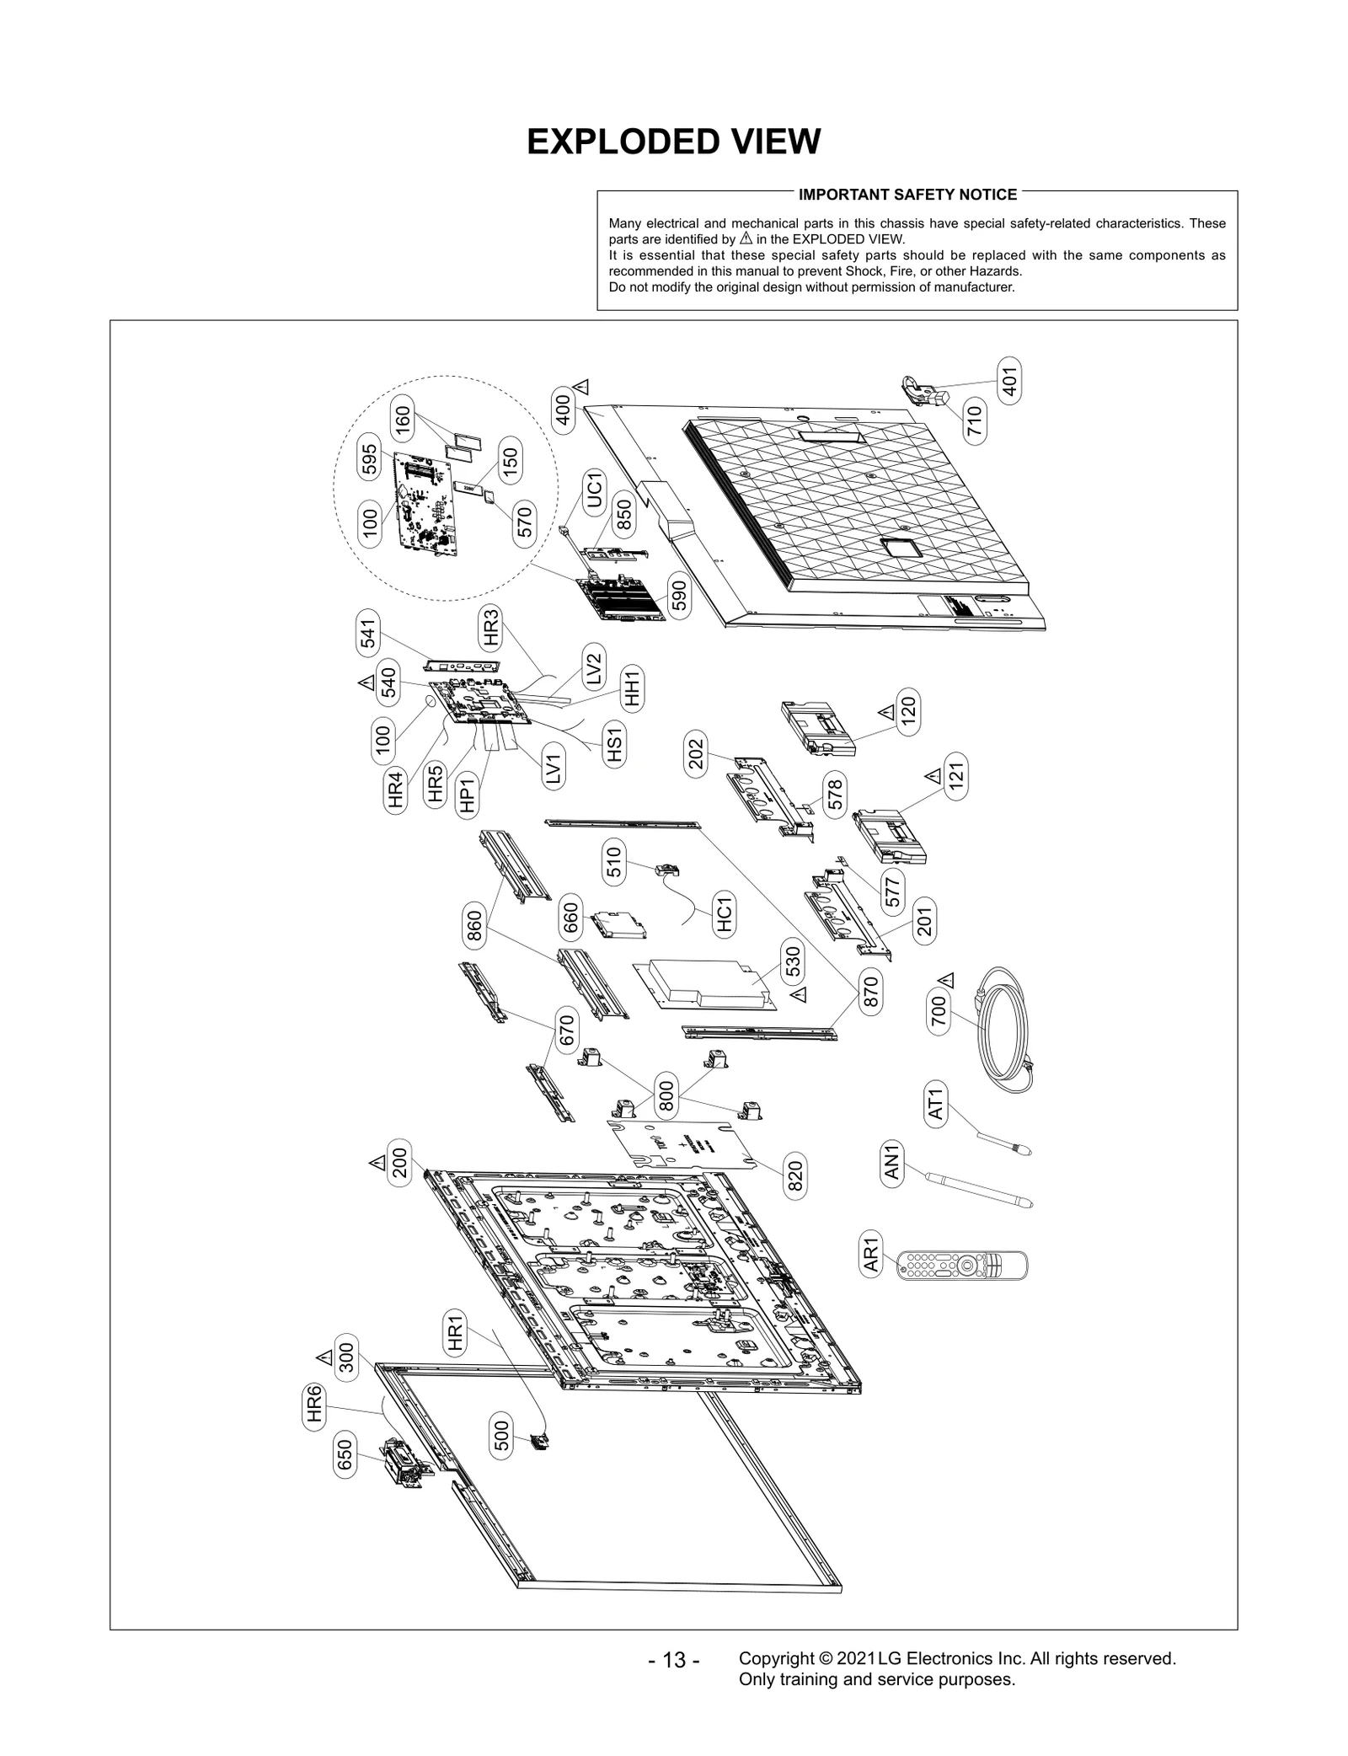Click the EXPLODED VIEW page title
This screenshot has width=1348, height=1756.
[673, 142]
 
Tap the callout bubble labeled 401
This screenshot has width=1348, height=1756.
[1008, 382]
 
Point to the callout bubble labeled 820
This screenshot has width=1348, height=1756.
[794, 1175]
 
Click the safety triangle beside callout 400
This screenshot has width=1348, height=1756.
[581, 387]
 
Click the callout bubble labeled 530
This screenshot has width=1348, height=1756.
[792, 961]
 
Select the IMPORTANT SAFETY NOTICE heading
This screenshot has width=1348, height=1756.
[907, 195]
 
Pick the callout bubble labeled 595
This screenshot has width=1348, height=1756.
[369, 457]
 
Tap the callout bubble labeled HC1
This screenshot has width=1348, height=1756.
[723, 915]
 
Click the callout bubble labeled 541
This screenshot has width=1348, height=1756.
[368, 633]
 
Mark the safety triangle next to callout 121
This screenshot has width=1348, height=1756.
[932, 774]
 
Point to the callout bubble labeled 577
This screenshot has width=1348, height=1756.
[892, 891]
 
